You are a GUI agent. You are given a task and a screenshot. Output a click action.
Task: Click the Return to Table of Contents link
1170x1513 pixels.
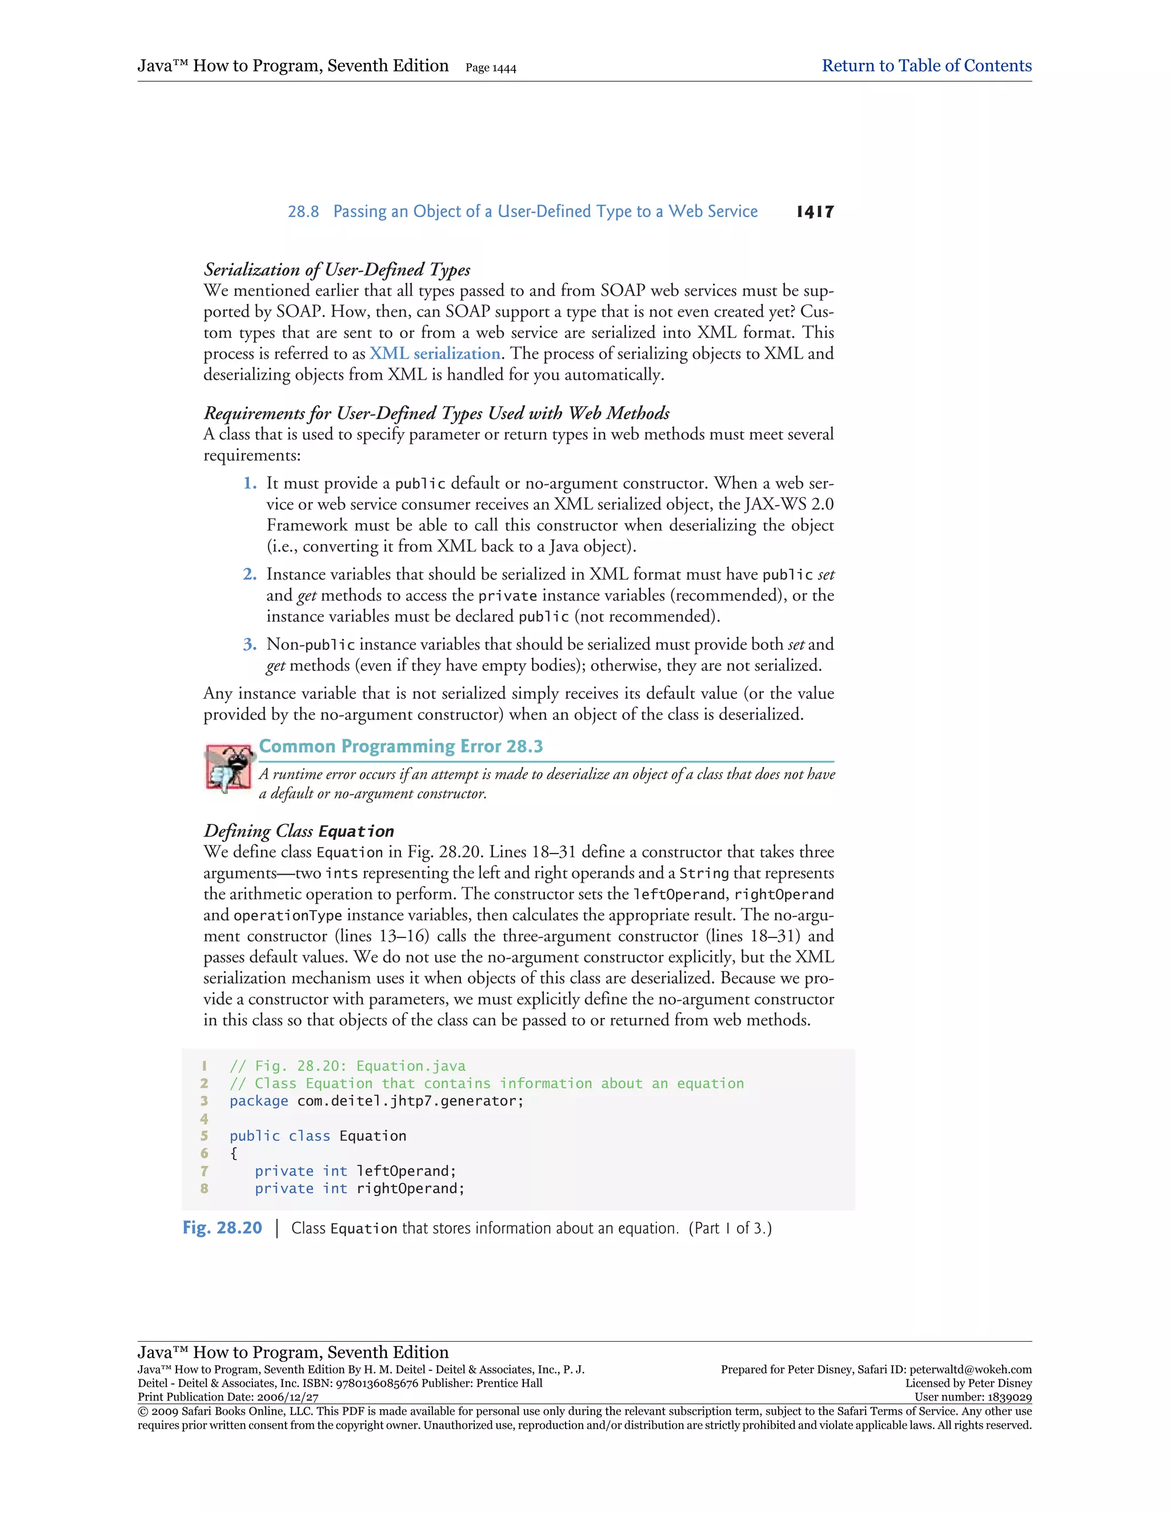point(926,66)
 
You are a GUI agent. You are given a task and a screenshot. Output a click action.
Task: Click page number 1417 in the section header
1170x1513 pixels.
point(815,212)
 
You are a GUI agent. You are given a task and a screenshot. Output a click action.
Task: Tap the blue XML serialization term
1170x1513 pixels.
point(435,354)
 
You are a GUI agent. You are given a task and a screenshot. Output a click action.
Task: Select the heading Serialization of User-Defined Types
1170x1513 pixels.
point(337,269)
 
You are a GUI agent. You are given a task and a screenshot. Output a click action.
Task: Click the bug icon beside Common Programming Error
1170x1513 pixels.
point(229,767)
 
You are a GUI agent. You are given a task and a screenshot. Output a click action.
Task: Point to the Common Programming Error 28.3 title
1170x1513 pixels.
point(400,746)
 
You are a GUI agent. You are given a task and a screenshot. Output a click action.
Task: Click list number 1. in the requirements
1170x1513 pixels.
point(250,484)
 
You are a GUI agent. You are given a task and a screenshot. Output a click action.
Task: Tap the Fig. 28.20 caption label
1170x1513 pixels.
point(222,1228)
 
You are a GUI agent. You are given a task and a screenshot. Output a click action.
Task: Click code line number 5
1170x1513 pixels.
point(205,1136)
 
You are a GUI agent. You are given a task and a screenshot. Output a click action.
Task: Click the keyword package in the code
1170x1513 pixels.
point(259,1101)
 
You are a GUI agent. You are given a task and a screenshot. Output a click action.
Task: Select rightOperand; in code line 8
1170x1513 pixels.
point(410,1189)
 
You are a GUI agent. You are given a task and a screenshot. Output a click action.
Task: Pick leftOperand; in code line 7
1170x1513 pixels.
point(406,1172)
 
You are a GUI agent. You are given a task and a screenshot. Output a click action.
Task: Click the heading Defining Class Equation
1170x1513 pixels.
point(299,831)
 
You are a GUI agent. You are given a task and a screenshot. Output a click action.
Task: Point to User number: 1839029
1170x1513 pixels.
point(972,1397)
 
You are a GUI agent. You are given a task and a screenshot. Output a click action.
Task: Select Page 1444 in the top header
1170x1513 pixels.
point(491,68)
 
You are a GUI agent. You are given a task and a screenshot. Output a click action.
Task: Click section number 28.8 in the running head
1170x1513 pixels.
point(303,212)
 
